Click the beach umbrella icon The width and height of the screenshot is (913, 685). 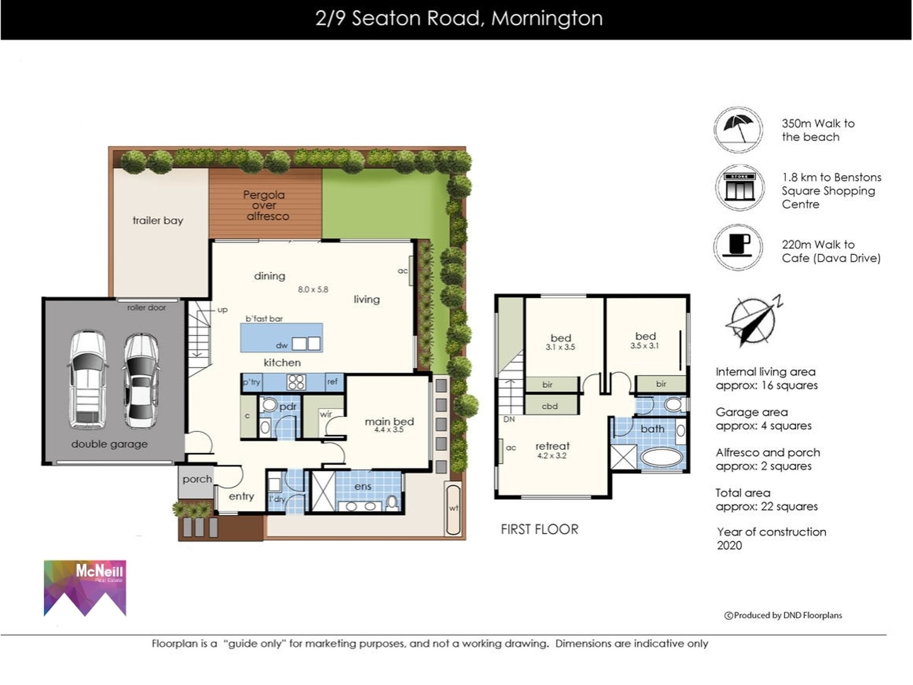pyautogui.click(x=738, y=130)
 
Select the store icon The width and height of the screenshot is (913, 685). pyautogui.click(x=739, y=188)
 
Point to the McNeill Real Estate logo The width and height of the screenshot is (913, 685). pyautogui.click(x=85, y=588)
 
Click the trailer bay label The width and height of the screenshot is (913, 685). pyautogui.click(x=158, y=221)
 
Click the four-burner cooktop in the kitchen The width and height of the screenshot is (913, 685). pyautogui.click(x=296, y=382)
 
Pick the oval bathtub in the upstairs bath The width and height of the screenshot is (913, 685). pyautogui.click(x=662, y=458)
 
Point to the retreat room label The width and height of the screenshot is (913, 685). pyautogui.click(x=552, y=446)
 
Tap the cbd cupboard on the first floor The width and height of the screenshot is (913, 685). pyautogui.click(x=550, y=406)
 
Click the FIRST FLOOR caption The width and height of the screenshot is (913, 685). pyautogui.click(x=539, y=529)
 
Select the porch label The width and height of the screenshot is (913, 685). pyautogui.click(x=197, y=479)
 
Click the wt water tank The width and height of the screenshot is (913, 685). pyautogui.click(x=453, y=510)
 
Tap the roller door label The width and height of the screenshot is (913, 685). pyautogui.click(x=147, y=308)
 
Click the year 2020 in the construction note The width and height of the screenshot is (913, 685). pyautogui.click(x=729, y=546)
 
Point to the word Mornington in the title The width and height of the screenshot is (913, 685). pyautogui.click(x=546, y=19)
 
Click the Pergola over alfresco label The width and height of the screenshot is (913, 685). pyautogui.click(x=265, y=206)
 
